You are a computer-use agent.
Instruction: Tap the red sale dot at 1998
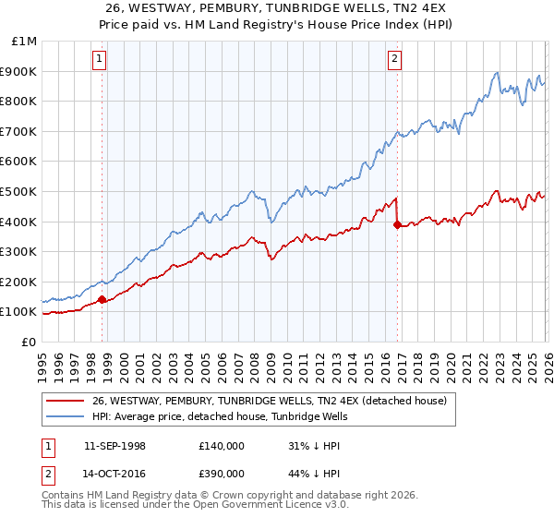102,299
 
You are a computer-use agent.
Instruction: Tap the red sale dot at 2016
397,224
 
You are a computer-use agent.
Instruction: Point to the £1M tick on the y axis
25,42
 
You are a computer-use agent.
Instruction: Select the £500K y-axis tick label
20,191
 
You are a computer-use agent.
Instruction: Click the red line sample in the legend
65,401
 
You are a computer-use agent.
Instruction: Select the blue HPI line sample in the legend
65,416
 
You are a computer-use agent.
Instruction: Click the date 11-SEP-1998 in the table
114,446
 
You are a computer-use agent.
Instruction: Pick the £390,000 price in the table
221,473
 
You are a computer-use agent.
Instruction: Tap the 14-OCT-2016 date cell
114,473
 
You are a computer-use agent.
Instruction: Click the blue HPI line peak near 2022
497,73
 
